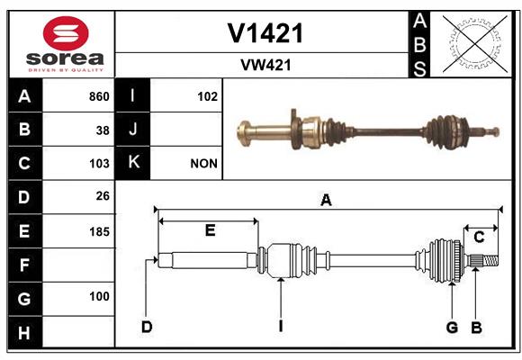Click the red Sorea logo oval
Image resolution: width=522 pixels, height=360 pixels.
66,33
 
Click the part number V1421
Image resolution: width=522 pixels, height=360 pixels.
265,33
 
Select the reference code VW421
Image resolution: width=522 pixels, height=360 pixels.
265,65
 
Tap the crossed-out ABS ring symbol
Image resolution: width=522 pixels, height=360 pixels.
474,43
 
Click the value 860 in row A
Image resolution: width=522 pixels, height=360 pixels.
99,96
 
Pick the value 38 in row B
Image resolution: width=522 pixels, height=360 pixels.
103,130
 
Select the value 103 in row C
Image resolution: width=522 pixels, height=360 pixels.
99,164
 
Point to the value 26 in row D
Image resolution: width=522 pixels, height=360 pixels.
103,196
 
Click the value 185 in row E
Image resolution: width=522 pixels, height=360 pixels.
99,231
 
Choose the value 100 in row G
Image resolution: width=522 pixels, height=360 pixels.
99,296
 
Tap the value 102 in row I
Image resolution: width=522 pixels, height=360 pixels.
207,96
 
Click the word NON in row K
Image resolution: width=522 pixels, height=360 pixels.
203,164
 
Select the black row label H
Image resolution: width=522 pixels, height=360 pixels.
25,333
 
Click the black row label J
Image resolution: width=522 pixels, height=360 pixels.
132,130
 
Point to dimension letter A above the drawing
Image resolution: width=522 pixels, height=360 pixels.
326,200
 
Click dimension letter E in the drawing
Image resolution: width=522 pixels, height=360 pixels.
210,230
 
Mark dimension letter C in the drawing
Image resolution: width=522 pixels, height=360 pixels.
479,238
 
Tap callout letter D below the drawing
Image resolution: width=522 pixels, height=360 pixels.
147,327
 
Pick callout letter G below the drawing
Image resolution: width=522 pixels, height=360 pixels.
452,328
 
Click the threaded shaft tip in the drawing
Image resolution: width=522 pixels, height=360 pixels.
490,260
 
